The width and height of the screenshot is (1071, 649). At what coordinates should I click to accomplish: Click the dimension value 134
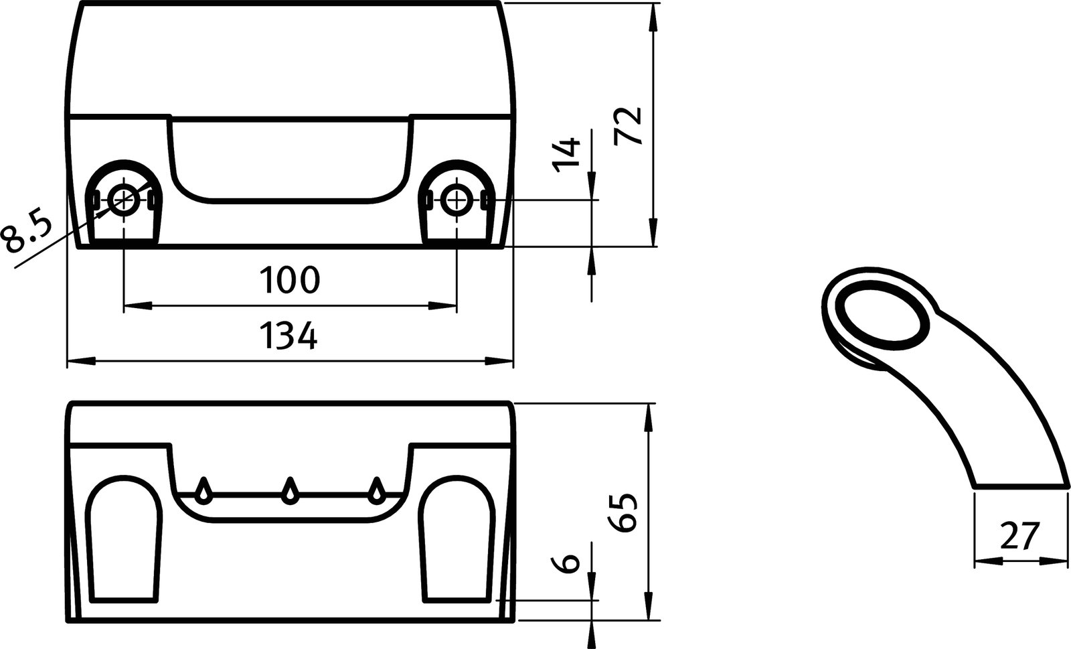pyautogui.click(x=289, y=336)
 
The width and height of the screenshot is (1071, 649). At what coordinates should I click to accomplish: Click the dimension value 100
pyautogui.click(x=289, y=280)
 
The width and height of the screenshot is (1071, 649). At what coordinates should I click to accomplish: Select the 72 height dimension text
pyautogui.click(x=629, y=125)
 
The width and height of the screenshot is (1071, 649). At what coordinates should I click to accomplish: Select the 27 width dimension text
pyautogui.click(x=1020, y=536)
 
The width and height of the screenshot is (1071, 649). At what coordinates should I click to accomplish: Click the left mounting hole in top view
pyautogui.click(x=124, y=198)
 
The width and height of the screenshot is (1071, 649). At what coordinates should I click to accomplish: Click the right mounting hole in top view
pyautogui.click(x=457, y=198)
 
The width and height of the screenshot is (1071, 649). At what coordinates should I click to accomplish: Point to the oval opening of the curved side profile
pyautogui.click(x=884, y=317)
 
